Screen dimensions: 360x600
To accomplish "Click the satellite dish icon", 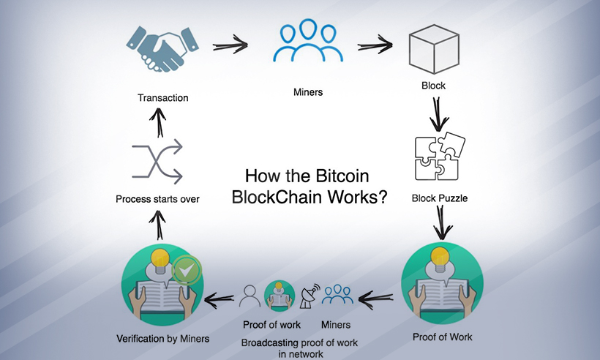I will pos(309,296).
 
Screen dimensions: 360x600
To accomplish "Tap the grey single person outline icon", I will pos(250,296).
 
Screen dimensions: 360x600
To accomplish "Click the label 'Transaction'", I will pos(162,97).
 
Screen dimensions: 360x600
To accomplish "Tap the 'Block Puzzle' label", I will pos(439,198).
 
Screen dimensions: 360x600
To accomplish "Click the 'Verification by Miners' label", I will pos(162,339).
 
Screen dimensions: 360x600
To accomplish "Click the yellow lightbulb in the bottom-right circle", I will pos(439,255).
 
